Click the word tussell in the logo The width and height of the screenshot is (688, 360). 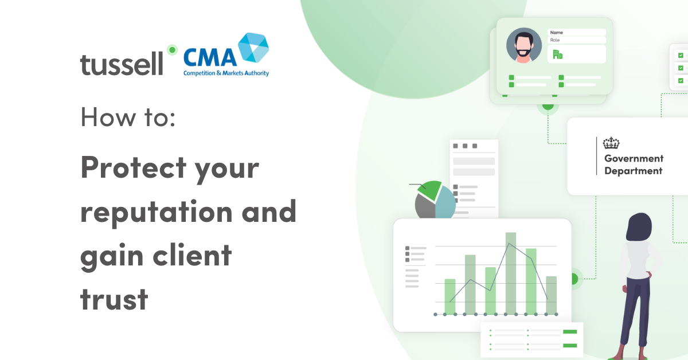(122, 64)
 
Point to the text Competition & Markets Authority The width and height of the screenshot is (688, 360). (226, 73)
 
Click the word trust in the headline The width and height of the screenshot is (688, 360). (114, 299)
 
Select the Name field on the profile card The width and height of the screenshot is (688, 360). (576, 33)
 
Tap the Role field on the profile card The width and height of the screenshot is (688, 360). (576, 40)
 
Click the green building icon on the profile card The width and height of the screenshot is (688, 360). (557, 54)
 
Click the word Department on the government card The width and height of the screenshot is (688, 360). (633, 171)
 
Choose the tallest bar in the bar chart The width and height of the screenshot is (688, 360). (510, 273)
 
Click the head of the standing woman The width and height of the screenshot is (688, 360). (639, 226)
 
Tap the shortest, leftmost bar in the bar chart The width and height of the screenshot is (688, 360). (449, 296)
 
